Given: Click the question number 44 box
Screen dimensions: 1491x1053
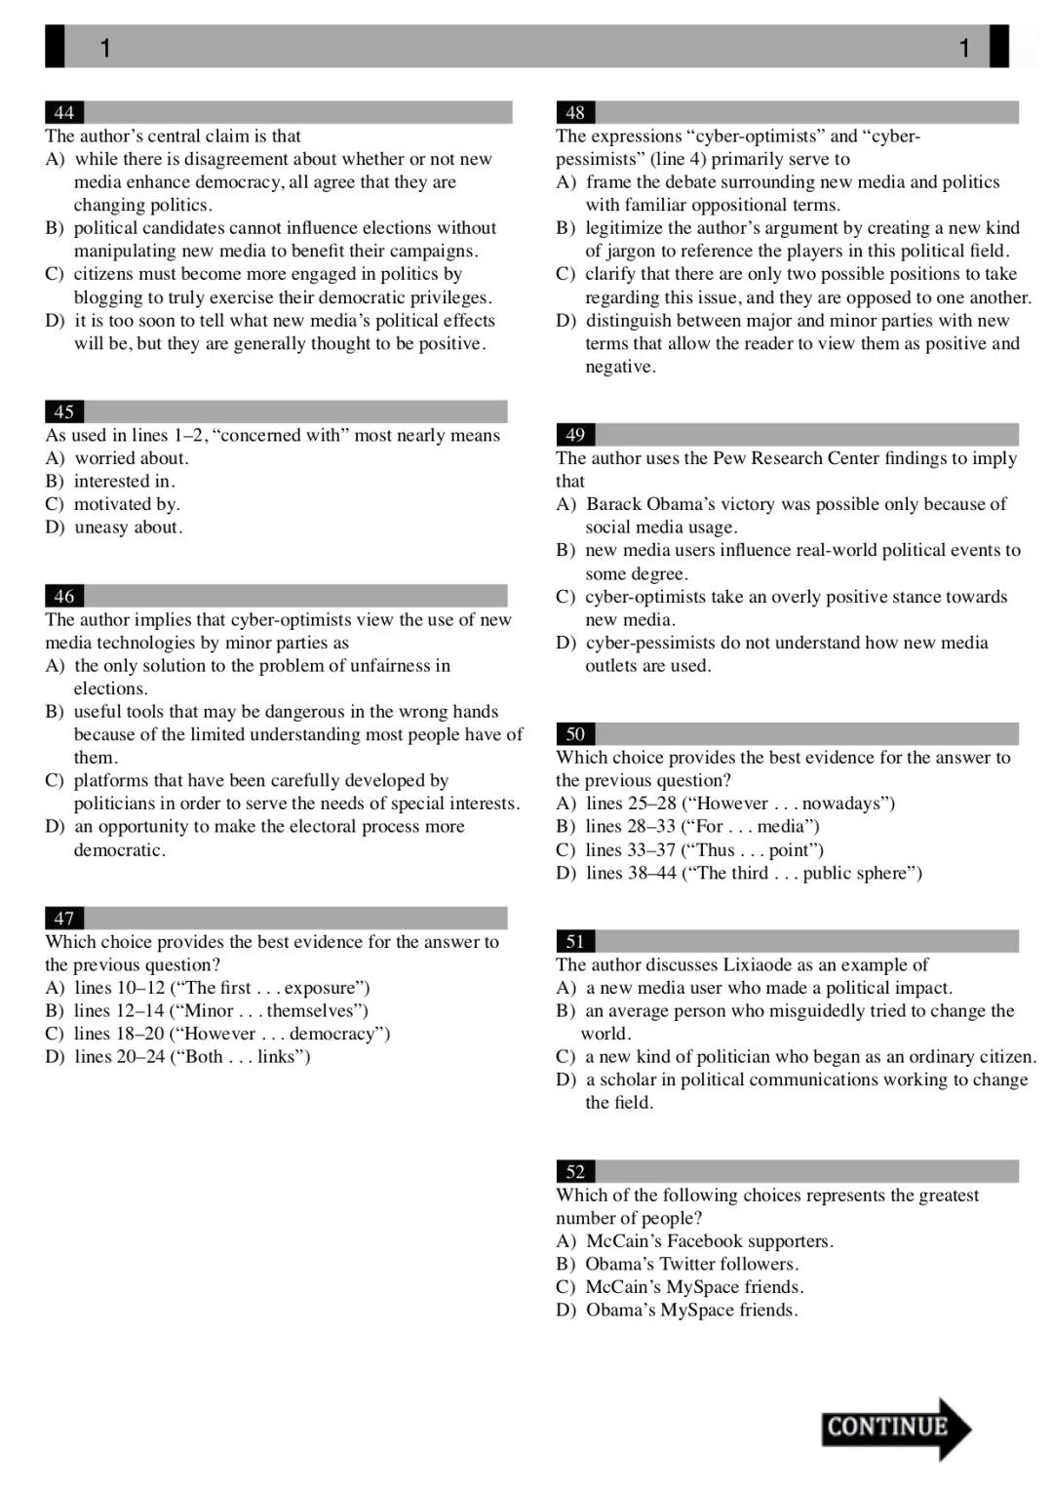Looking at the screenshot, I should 64,112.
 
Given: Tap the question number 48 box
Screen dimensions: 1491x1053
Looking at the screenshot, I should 575,112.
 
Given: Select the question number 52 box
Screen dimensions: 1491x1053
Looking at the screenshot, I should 575,1171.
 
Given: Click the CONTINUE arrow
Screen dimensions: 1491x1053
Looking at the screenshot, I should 895,1428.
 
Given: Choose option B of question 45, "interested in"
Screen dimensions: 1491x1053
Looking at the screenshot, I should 124,481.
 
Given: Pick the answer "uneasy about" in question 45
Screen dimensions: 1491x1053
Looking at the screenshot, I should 128,527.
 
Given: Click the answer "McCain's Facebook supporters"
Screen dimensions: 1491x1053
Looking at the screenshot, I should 709,1240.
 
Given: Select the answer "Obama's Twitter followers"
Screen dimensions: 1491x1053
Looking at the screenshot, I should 691,1264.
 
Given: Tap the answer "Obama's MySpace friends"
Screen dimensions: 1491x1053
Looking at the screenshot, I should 691,1310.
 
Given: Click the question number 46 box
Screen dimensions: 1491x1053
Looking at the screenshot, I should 64,596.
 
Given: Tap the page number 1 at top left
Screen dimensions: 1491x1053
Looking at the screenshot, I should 105,47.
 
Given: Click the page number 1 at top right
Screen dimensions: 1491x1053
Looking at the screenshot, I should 964,47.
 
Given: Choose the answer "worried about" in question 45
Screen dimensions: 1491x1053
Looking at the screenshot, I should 132,457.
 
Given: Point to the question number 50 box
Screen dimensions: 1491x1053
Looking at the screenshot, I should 575,733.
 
